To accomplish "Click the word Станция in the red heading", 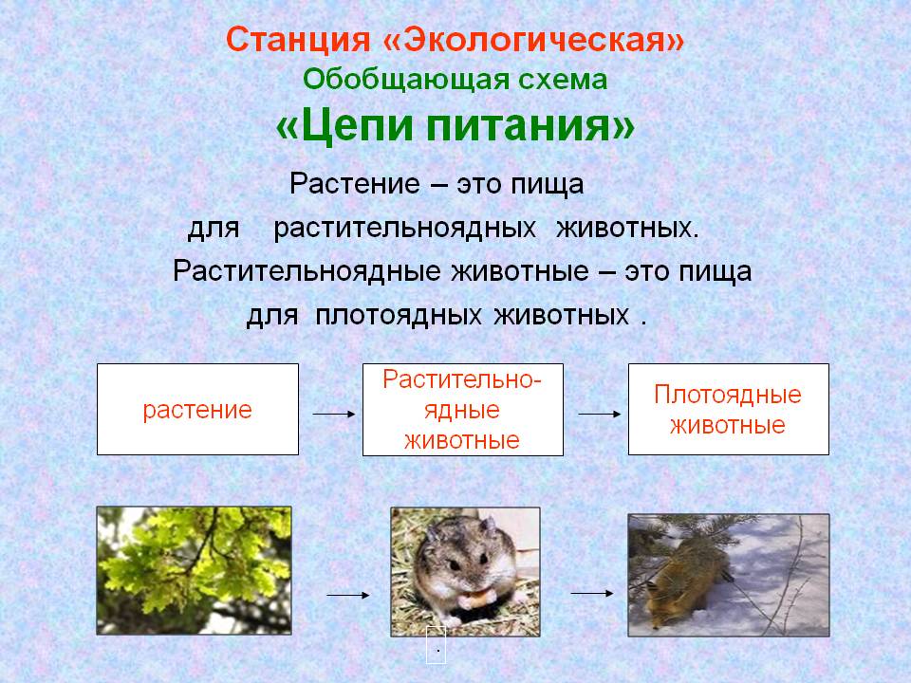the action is (297, 40).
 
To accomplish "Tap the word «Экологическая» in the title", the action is (533, 40).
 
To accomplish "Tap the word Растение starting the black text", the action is (354, 184).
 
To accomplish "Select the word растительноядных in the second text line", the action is (404, 229).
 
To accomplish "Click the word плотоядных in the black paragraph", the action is (398, 316).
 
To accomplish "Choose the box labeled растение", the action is (197, 410).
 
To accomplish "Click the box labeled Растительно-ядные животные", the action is (462, 410).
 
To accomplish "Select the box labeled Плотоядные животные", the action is (729, 410).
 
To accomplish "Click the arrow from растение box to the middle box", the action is (333, 415).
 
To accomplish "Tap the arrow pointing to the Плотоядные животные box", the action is (600, 415).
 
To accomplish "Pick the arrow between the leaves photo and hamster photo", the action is (348, 595).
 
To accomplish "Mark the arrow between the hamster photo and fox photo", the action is (592, 593).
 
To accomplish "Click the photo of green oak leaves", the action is (194, 570).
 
